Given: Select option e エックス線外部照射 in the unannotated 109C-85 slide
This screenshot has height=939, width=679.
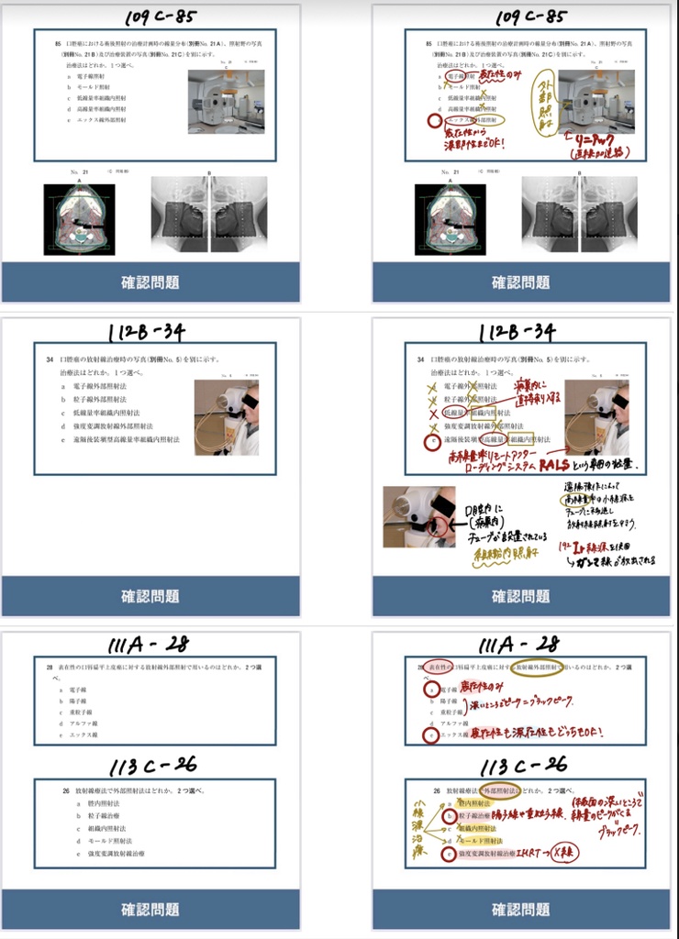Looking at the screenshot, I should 101,120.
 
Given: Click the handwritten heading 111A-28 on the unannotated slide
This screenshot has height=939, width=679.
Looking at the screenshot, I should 149,645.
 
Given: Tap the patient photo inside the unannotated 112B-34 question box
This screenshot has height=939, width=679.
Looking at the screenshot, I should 226,417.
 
